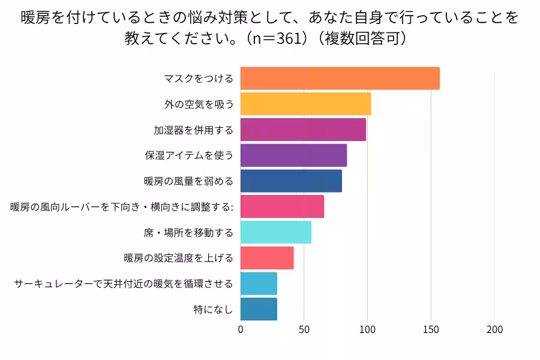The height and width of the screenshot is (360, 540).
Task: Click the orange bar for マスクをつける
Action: pos(340,79)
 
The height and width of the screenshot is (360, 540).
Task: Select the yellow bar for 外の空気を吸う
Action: pos(305,104)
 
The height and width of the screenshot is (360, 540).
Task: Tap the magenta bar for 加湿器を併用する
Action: pos(303,130)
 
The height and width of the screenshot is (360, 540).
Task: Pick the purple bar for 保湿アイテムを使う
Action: pos(293,155)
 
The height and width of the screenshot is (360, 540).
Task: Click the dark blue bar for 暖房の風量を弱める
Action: pos(291,181)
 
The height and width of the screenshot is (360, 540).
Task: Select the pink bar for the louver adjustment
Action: pos(282,206)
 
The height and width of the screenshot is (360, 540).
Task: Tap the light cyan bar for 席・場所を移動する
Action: pos(275,232)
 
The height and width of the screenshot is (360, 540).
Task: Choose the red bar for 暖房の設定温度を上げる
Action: pos(267,258)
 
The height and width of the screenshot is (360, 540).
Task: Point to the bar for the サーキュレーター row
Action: pos(259,283)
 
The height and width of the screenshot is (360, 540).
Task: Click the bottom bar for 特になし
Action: pos(259,309)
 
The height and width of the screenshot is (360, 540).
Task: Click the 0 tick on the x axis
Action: pos(241,329)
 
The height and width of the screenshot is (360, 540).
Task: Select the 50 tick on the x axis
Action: pos(304,329)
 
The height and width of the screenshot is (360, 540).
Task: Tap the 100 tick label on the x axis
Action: pos(367,329)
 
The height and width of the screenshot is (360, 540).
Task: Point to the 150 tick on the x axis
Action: pos(431,329)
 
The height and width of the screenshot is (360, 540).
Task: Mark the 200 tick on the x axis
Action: pos(494,329)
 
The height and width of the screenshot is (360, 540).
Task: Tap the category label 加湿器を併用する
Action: pos(193,130)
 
